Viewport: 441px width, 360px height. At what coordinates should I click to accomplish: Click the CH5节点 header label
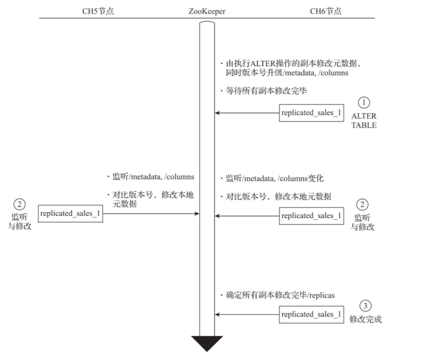pyautogui.click(x=99, y=11)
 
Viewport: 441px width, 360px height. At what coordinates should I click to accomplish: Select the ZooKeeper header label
pyautogui.click(x=207, y=11)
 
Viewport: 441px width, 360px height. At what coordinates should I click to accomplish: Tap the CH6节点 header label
pyautogui.click(x=325, y=11)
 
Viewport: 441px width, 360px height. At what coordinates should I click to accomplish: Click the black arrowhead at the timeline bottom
pyautogui.click(x=207, y=343)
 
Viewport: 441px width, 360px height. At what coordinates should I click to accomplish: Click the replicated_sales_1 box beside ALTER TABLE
pyautogui.click(x=311, y=113)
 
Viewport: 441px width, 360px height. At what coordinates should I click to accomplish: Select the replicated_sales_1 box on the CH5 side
pyautogui.click(x=70, y=213)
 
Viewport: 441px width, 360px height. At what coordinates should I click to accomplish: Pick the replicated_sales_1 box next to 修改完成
pyautogui.click(x=311, y=314)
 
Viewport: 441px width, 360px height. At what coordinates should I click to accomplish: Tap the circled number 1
pyautogui.click(x=364, y=102)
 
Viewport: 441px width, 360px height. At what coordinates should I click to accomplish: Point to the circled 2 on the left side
pyautogui.click(x=19, y=204)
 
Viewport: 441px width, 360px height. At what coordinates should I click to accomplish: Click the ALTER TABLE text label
pyautogui.click(x=364, y=120)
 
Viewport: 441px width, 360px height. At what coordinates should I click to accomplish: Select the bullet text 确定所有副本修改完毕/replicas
pyautogui.click(x=277, y=295)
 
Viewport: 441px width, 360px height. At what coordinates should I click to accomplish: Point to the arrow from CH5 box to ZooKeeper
pyautogui.click(x=151, y=213)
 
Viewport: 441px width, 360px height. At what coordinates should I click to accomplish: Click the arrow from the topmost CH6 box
pyautogui.click(x=246, y=113)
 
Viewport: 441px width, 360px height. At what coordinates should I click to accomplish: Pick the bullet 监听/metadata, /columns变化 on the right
pyautogui.click(x=274, y=178)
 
